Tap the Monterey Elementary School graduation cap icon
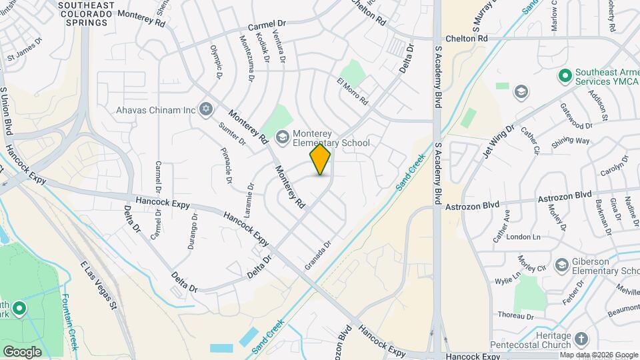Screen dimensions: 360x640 (283, 137)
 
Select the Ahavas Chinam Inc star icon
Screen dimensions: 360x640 (205, 109)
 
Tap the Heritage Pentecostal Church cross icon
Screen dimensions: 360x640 (581, 339)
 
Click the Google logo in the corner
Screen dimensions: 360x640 (22, 351)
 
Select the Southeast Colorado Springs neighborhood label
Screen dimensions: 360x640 (83, 14)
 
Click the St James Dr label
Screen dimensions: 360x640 (24, 58)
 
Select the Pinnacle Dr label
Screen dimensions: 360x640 (228, 166)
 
